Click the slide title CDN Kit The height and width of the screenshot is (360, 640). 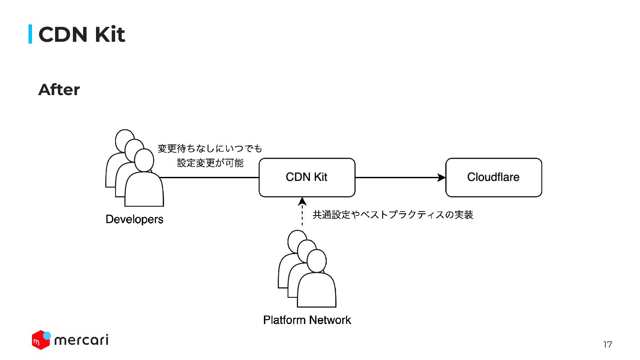[x=81, y=35]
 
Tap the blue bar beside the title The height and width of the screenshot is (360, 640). [x=30, y=34]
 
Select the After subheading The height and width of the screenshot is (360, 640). [x=59, y=90]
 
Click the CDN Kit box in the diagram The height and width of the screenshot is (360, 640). [x=307, y=177]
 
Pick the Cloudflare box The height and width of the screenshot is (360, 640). [x=493, y=177]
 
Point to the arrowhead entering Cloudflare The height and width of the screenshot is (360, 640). [x=441, y=178]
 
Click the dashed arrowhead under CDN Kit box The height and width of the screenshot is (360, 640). [x=302, y=201]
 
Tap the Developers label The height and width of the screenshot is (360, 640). [x=134, y=220]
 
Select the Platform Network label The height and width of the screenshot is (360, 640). [x=307, y=320]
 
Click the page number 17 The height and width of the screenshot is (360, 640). [x=608, y=344]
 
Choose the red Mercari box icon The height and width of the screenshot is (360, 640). [x=40, y=340]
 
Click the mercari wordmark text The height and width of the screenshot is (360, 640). [x=81, y=340]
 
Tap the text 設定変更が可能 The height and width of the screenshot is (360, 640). [x=210, y=163]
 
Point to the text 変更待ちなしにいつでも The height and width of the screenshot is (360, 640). [x=210, y=148]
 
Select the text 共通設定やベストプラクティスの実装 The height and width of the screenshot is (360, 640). [x=393, y=215]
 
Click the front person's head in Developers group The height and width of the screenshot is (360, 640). [x=144, y=160]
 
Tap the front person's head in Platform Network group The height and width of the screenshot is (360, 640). [x=316, y=261]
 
